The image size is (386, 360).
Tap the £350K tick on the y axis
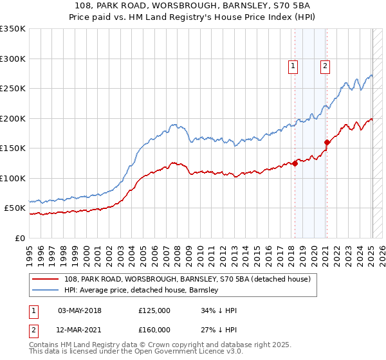point(13,29)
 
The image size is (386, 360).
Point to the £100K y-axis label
point(13,178)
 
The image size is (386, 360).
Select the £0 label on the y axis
point(19,238)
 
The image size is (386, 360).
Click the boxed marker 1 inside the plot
point(293,65)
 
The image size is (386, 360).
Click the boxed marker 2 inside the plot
point(326,65)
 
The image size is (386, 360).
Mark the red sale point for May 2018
point(295,163)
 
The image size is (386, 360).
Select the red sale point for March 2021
point(327,143)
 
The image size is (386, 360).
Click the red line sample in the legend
point(46,279)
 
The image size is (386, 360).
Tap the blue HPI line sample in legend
point(46,290)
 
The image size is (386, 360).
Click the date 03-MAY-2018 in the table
point(80,310)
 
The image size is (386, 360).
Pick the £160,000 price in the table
point(154,330)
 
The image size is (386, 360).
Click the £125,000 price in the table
point(154,310)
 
